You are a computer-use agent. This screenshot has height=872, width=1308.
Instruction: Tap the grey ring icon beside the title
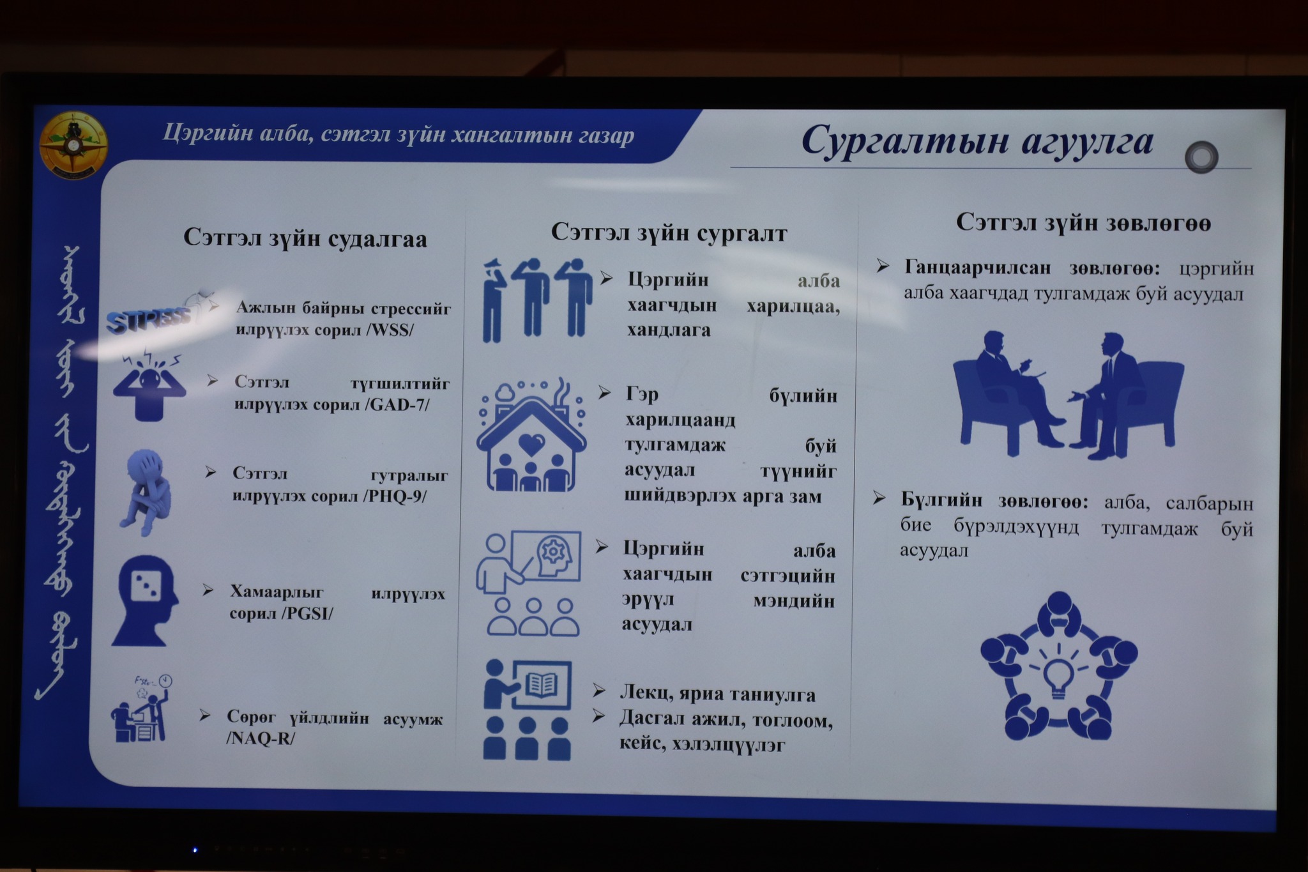[1201, 157]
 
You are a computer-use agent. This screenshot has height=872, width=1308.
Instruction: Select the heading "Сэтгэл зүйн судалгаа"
[305, 238]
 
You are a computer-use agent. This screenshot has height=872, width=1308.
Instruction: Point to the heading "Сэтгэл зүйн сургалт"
[669, 233]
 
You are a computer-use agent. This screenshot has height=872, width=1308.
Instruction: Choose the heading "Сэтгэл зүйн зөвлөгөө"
[1083, 223]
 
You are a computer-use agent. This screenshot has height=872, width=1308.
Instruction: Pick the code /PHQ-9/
[395, 496]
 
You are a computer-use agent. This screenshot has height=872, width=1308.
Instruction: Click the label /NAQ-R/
[261, 738]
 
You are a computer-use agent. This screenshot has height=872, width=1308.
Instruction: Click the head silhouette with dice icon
[145, 600]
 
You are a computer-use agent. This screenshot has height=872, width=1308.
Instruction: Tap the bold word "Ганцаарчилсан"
[977, 268]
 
